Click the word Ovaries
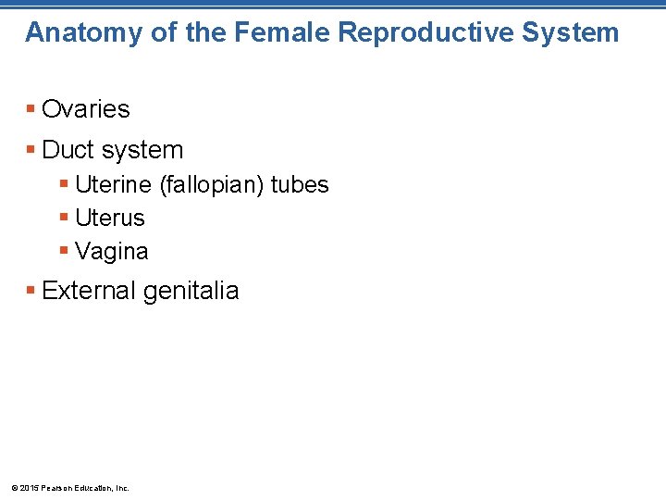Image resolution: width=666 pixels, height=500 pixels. [x=86, y=109]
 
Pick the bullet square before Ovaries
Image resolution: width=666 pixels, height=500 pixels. [x=31, y=109]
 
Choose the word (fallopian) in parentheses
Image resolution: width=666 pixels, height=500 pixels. [x=212, y=185]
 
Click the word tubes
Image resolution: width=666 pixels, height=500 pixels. [x=300, y=185]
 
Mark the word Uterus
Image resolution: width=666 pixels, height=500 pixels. [x=110, y=219]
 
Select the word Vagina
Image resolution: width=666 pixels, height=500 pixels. [x=111, y=252]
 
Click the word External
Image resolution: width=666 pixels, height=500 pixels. [x=89, y=291]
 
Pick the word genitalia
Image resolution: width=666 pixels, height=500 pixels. [x=191, y=292]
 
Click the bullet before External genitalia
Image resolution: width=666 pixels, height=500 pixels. [x=31, y=291]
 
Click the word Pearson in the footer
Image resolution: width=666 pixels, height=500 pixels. [x=58, y=488]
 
